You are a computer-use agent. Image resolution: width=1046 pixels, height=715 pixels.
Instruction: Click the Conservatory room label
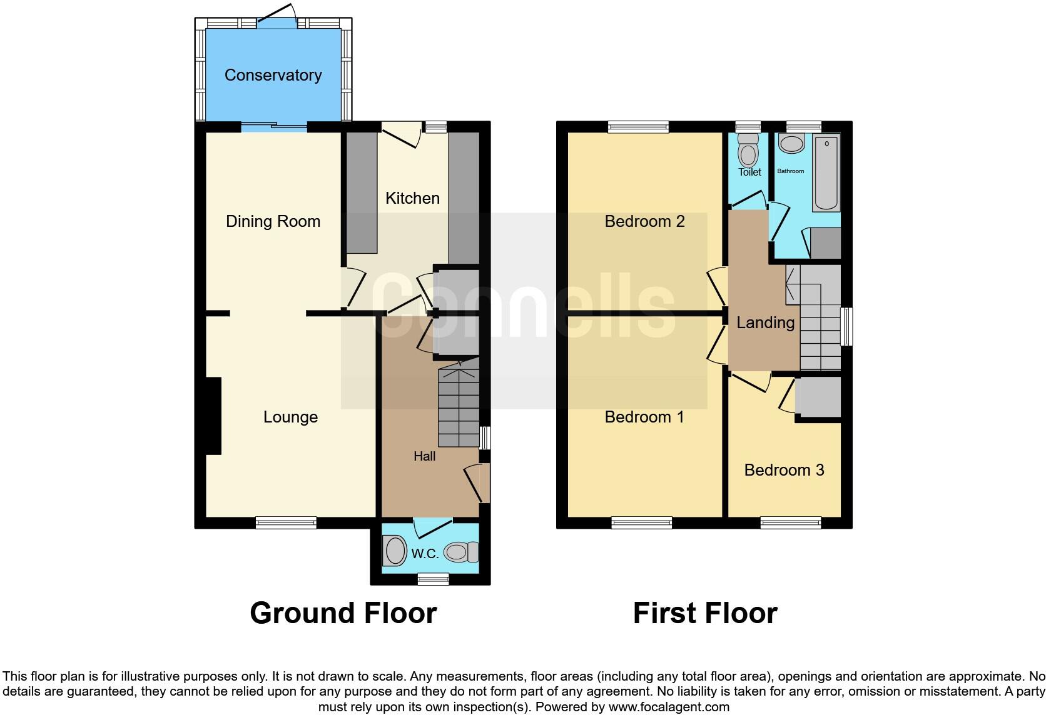(x=273, y=75)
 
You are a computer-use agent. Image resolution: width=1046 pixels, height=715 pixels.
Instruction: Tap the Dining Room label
(x=273, y=221)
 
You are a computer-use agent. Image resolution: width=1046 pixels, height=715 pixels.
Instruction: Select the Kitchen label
(x=412, y=198)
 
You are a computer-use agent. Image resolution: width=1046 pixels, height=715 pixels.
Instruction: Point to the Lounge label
(x=290, y=417)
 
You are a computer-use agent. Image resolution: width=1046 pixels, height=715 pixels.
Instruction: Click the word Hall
(x=425, y=456)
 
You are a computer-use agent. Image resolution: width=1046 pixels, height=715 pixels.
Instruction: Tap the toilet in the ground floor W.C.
(x=461, y=552)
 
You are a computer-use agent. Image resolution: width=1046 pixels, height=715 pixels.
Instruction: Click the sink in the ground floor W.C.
(x=395, y=551)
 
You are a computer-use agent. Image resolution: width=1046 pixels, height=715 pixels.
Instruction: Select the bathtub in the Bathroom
(x=826, y=173)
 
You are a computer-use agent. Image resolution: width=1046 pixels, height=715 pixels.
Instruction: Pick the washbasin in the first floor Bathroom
(x=791, y=143)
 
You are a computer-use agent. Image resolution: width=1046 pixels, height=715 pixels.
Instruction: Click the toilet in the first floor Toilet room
(x=749, y=150)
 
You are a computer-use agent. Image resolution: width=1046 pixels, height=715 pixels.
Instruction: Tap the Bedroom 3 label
(x=784, y=469)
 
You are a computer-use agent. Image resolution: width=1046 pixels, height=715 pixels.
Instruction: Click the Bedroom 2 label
(x=644, y=221)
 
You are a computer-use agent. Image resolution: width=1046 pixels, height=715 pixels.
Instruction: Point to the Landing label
(x=765, y=322)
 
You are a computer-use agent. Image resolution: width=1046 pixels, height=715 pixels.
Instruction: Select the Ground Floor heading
(x=343, y=613)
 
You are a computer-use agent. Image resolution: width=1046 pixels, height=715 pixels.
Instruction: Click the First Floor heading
(x=705, y=613)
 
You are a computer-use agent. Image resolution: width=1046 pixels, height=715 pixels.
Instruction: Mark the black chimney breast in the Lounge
(x=213, y=416)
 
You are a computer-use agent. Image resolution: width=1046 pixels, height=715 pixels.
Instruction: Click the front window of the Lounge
(x=286, y=523)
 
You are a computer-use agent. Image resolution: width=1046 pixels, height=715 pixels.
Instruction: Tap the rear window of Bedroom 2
(x=638, y=127)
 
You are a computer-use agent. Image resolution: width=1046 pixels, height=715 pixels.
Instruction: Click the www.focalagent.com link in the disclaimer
(x=669, y=707)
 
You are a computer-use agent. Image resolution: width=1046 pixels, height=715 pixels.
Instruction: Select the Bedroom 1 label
(x=644, y=417)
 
